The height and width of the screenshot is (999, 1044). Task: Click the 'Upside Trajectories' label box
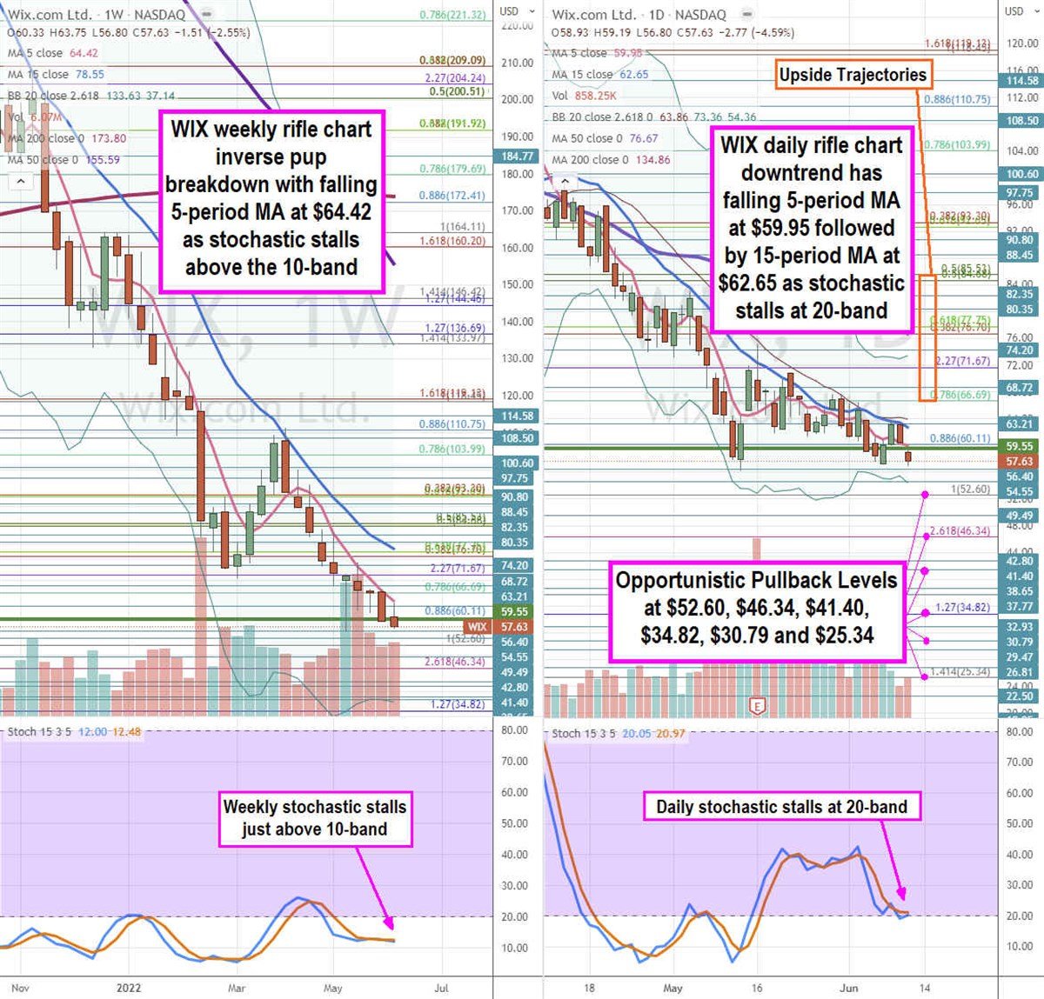click(853, 75)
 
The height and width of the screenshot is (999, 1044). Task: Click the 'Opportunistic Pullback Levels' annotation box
click(756, 608)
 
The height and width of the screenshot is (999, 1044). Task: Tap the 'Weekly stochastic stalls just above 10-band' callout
click(314, 817)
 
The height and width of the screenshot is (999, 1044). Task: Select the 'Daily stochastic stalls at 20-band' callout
click(781, 807)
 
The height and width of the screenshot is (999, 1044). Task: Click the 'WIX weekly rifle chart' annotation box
click(271, 198)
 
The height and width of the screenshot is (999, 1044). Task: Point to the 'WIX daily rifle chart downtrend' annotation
click(811, 228)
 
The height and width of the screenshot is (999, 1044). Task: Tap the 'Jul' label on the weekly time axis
click(441, 988)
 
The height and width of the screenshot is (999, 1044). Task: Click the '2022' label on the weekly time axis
click(129, 988)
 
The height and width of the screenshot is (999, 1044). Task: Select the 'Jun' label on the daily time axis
click(849, 988)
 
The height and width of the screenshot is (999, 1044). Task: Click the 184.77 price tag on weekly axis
click(517, 157)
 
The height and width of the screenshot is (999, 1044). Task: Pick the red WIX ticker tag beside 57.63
click(477, 627)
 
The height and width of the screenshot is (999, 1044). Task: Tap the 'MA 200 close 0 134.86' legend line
click(611, 160)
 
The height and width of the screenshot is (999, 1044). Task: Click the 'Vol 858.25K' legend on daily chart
click(585, 96)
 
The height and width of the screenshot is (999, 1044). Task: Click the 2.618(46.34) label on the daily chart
click(960, 530)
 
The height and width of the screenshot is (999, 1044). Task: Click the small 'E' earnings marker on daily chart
click(758, 706)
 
